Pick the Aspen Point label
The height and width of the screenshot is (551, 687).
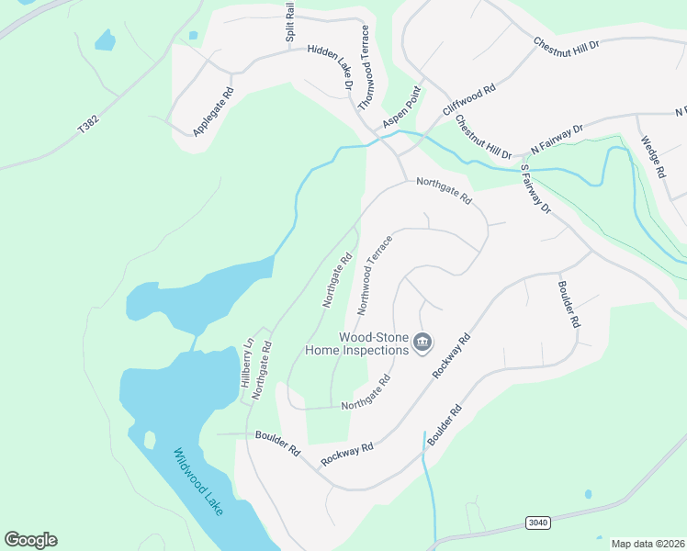tap(401, 108)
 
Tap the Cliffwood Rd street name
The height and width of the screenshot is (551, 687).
tap(468, 99)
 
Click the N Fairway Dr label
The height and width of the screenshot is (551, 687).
tap(557, 140)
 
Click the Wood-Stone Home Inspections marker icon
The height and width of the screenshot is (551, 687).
tap(422, 343)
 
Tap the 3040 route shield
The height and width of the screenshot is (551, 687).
tap(538, 523)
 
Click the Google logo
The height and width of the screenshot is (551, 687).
tap(30, 540)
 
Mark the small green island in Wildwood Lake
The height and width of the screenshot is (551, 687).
tap(150, 440)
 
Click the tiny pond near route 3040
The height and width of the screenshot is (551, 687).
tap(588, 494)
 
